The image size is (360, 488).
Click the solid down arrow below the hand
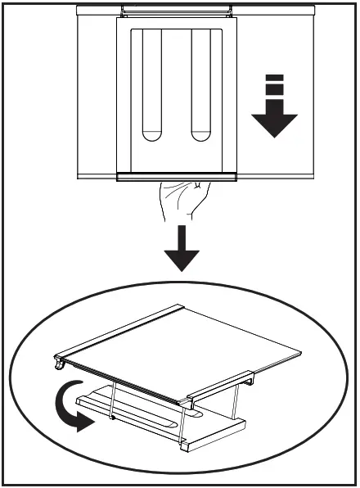(181, 251)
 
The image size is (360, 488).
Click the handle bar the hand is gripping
(177, 177)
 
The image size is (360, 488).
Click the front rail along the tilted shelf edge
(123, 381)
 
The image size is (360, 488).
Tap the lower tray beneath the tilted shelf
(164, 421)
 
